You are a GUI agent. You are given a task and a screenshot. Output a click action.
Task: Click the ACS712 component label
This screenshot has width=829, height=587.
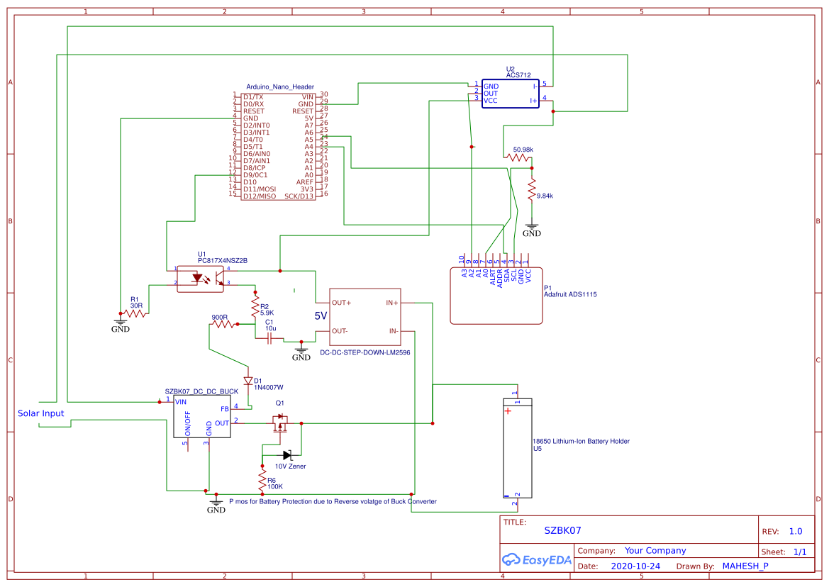tap(518, 74)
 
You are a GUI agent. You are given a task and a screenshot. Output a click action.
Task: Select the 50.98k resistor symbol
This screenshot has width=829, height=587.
tap(518, 159)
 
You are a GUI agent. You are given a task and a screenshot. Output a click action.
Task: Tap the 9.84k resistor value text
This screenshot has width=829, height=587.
tap(545, 196)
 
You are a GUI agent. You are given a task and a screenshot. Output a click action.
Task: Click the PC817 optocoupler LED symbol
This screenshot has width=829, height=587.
tap(196, 278)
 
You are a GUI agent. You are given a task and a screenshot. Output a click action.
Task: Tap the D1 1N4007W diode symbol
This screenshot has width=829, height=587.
tap(248, 381)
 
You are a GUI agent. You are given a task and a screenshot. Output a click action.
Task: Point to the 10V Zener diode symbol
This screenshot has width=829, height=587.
tap(287, 454)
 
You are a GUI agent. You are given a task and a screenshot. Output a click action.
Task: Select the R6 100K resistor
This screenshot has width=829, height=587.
tap(262, 479)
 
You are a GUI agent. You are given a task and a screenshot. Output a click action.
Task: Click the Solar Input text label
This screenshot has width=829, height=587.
tap(40, 413)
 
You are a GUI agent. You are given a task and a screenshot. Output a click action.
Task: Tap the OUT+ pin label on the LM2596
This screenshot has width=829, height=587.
tap(342, 303)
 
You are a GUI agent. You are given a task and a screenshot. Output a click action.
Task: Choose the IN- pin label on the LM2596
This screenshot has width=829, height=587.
tap(393, 331)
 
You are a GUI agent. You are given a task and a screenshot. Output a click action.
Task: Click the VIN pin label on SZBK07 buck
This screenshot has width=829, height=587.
tap(181, 402)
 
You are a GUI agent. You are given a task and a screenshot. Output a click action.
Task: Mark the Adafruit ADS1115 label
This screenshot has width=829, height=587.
tap(570, 294)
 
